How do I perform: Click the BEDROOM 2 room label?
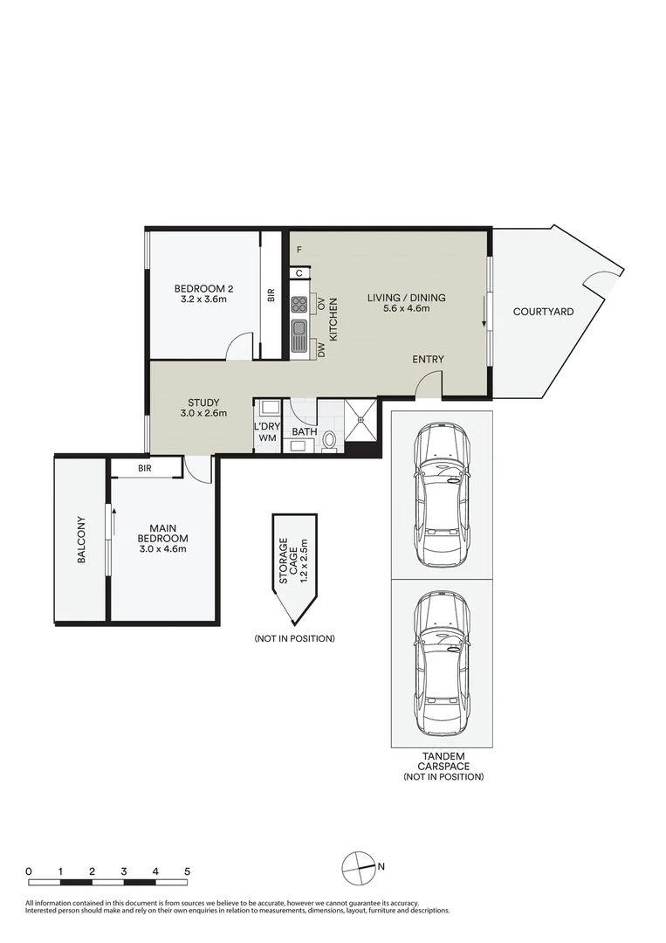[203, 288]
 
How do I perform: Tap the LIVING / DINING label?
[407, 298]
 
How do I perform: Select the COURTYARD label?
[543, 312]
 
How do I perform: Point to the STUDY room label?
[203, 403]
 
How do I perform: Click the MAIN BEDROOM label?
[163, 533]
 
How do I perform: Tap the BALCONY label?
[82, 540]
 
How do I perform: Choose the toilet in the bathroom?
[329, 440]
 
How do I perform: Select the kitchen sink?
[299, 336]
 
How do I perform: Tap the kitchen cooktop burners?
[299, 306]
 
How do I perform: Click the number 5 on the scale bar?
[187, 871]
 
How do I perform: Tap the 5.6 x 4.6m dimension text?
[407, 308]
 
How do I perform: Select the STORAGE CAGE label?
[288, 561]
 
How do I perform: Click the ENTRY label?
[428, 359]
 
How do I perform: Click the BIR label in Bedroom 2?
[271, 295]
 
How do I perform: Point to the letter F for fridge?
[299, 250]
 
